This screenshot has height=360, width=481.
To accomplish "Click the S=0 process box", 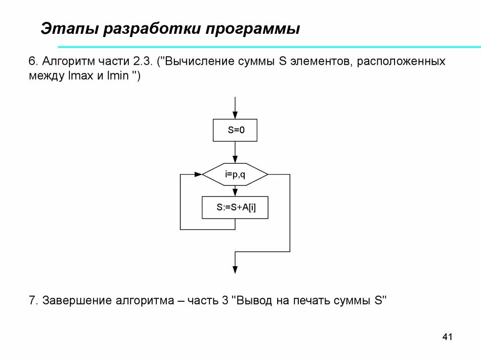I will (x=235, y=130).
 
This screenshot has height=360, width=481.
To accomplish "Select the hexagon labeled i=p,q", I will (x=235, y=175).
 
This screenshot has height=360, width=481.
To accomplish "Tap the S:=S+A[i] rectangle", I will (x=235, y=207).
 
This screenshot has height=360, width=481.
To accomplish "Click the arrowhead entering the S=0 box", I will (x=235, y=115).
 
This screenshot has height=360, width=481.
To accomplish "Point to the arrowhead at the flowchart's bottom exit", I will (x=235, y=269).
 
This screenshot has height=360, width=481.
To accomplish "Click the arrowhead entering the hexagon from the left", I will (x=198, y=175).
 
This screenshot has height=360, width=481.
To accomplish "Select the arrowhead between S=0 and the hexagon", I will (x=235, y=160).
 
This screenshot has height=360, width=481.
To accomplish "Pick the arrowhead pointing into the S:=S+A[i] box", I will (x=235, y=193).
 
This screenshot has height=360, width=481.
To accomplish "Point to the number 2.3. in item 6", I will (x=142, y=61).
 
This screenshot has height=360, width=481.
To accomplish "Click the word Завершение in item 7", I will (x=77, y=301).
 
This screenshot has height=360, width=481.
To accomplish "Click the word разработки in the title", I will (x=151, y=29).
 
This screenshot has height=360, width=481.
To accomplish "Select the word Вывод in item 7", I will (x=255, y=301).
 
